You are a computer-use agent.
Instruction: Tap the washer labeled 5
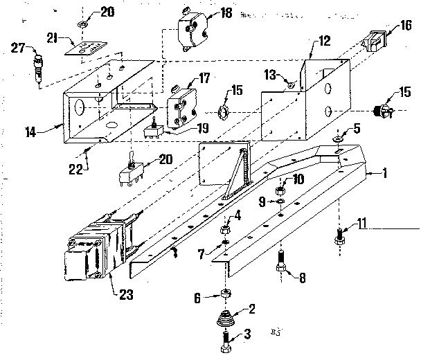click(x=337, y=138)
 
